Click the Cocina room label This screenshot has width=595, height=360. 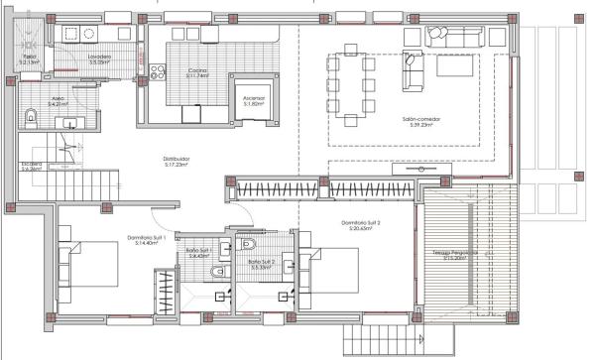tap(198, 72)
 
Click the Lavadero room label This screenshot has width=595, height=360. tap(99, 60)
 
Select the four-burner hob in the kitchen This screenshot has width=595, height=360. tap(157, 73)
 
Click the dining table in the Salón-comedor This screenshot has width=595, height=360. tap(353, 87)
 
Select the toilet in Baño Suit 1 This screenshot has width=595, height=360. tap(248, 244)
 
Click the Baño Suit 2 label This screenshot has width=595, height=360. tap(262, 264)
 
